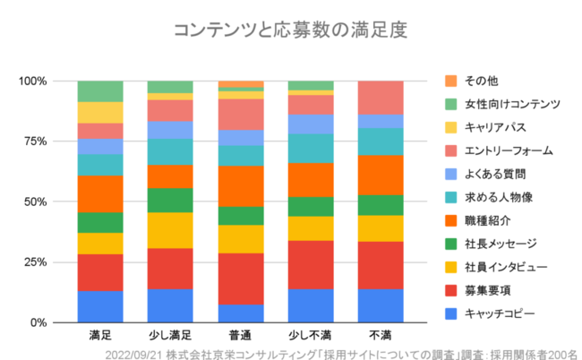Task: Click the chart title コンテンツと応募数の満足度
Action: (x=290, y=30)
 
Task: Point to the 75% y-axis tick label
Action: (x=35, y=141)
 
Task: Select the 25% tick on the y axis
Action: (x=35, y=261)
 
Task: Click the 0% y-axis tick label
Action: (x=38, y=322)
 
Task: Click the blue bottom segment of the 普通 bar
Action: (x=241, y=313)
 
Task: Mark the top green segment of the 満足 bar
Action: (x=100, y=91)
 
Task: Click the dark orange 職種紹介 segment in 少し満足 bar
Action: (x=170, y=176)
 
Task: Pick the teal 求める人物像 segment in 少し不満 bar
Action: (x=311, y=148)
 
